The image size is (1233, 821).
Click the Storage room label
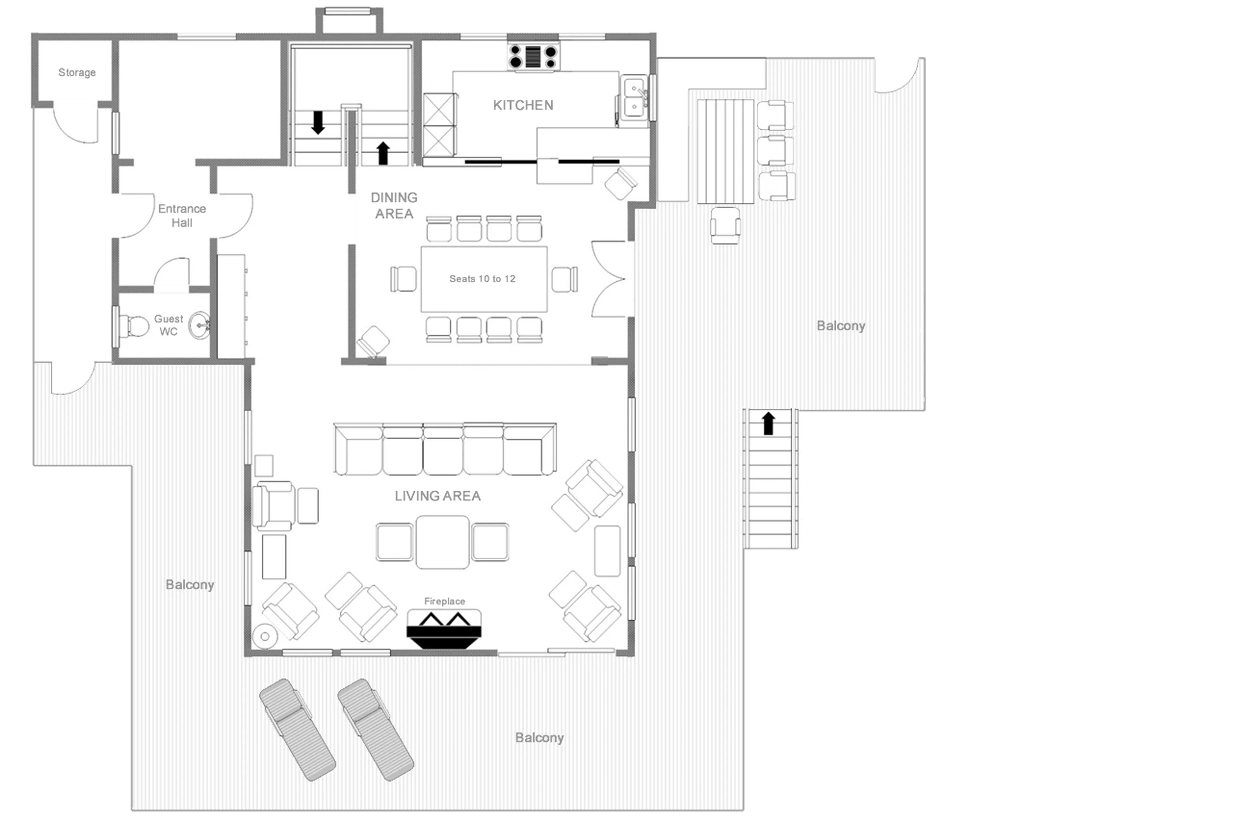coord(76,72)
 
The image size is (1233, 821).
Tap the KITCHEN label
coord(522,105)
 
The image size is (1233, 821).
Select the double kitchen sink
coord(634,98)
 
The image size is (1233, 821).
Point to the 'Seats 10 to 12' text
coord(482,278)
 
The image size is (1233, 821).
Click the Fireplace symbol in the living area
coord(443,628)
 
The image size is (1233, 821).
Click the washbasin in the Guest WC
coord(199,325)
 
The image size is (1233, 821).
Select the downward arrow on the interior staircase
coord(318,122)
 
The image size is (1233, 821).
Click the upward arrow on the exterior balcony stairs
coord(768,423)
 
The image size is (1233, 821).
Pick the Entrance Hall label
coord(182,216)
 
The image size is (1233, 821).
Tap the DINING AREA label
coord(394,205)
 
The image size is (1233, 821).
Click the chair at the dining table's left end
coord(403,278)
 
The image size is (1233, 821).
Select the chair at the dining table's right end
coord(564,278)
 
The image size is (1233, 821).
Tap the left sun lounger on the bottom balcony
coord(297,729)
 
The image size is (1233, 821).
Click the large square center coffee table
coord(442,542)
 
